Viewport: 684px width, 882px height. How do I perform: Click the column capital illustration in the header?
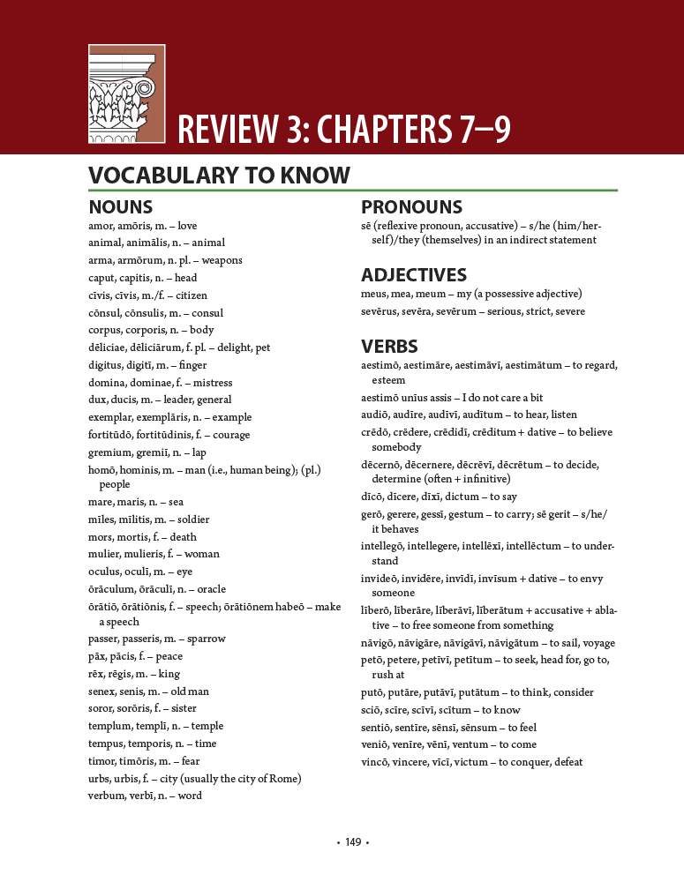coord(126,93)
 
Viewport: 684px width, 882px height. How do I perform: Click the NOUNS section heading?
coord(121,208)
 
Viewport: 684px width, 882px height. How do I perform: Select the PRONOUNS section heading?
coord(411,208)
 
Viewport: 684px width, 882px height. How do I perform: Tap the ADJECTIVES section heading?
coord(414,275)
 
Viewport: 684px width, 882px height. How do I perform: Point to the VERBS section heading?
coord(389,346)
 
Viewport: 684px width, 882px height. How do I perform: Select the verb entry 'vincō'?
coord(376,762)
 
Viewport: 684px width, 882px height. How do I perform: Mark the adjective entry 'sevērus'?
coord(380,311)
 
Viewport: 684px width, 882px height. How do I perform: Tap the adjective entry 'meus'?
coord(374,294)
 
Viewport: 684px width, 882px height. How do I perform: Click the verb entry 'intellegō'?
coord(384,546)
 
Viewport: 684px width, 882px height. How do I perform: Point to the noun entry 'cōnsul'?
coord(105,313)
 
